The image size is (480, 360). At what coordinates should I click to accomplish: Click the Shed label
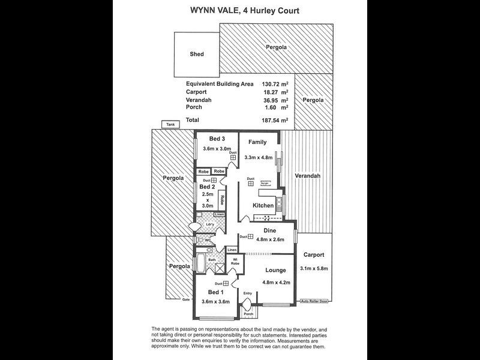point(196,54)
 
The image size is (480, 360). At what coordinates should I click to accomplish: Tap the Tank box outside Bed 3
point(170,125)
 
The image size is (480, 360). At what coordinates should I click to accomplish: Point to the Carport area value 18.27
point(274,92)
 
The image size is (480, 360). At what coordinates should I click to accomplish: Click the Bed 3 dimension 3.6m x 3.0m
point(216,149)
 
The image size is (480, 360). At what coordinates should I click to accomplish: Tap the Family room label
point(257,142)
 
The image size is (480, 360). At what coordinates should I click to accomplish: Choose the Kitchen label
point(263,205)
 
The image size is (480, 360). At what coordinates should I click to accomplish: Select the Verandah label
point(307,176)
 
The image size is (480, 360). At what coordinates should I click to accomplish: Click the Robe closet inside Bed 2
point(221,199)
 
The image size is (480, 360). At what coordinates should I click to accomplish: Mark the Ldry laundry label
point(209,225)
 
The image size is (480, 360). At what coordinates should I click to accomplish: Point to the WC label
point(208,241)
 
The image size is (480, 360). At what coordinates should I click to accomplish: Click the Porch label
point(247,313)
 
